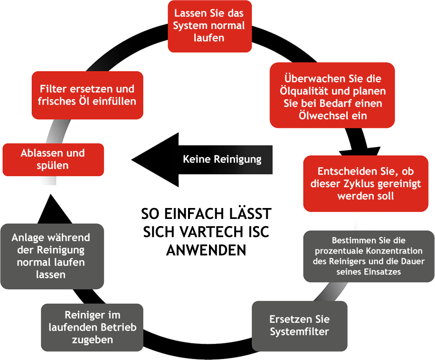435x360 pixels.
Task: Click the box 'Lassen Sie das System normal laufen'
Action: pos(209,26)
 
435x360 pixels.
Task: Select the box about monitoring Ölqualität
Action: pos(332,95)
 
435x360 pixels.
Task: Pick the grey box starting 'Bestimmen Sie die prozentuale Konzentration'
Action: pos(368,256)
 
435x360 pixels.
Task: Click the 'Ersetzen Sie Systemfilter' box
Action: pos(299,325)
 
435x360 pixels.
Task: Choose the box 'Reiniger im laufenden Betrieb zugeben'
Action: pos(92,327)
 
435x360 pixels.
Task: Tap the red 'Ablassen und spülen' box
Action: pos(53,159)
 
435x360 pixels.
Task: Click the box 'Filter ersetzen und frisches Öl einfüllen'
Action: pos(87,95)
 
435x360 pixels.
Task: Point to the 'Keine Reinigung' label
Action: pos(222,159)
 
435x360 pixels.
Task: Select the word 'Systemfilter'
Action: pos(299,332)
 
